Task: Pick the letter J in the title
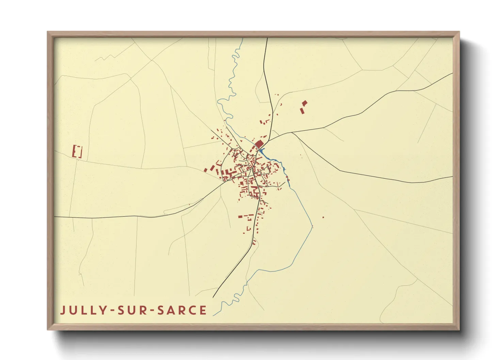tap(63, 310)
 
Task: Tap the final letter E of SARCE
tap(203, 310)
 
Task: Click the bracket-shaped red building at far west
tap(77, 151)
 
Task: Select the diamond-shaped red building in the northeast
tap(304, 103)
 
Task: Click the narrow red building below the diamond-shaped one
tap(302, 111)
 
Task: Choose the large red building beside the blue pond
tap(259, 144)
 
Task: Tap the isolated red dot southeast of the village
tap(323, 217)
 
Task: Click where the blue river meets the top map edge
tap(242, 38)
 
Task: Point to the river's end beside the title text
tap(214, 315)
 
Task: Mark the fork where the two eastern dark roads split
tap(292, 132)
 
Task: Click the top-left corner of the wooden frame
tap(48, 32)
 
